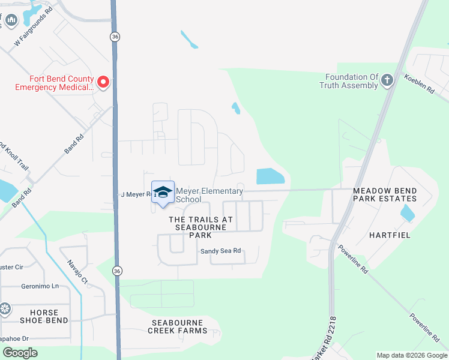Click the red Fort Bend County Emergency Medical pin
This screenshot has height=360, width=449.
click(103, 82)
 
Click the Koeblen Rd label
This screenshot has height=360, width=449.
click(419, 83)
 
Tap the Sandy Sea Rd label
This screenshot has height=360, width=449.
click(220, 251)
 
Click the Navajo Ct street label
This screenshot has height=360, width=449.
click(77, 271)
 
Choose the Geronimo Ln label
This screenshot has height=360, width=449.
click(40, 286)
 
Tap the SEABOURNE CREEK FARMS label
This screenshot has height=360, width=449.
click(178, 326)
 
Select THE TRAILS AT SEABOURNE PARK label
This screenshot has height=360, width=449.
click(200, 227)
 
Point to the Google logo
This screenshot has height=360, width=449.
click(20, 353)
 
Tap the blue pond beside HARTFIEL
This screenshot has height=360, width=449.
click(407, 212)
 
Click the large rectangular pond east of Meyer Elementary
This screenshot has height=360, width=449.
click(271, 176)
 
